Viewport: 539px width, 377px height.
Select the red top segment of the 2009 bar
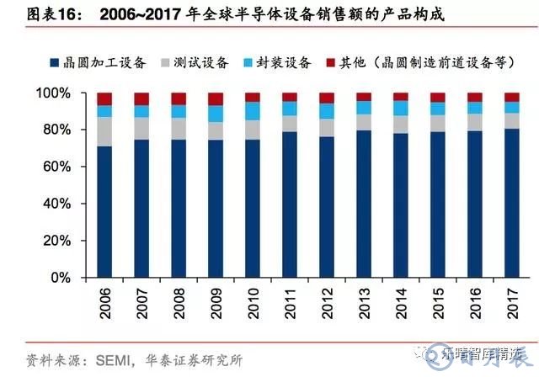[x=216, y=98]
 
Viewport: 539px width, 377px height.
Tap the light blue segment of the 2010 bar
[x=253, y=111]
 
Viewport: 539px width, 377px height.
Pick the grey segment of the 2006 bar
[x=104, y=131]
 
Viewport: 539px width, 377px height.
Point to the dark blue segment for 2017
[x=511, y=203]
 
